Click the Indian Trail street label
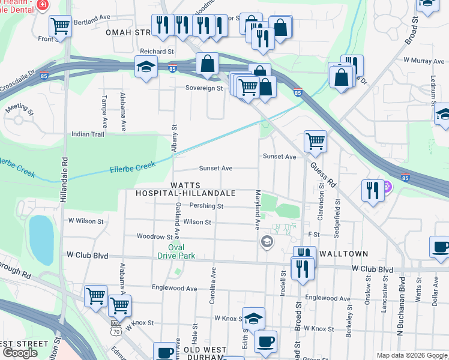coord(88,134)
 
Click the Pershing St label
coord(206,206)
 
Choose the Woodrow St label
coord(155,237)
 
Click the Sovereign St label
coord(203,88)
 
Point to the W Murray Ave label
coord(423,61)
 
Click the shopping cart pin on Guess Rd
coord(315,142)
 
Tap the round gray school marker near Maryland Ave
coord(266,242)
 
